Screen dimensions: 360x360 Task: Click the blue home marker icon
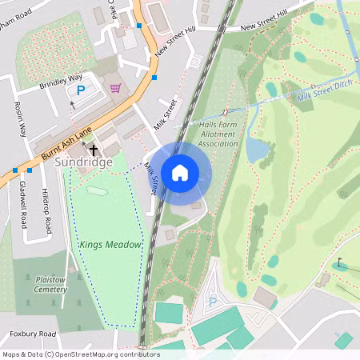point(180,172)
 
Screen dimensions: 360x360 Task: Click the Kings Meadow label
point(110,244)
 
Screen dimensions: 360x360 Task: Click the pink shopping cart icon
point(116,87)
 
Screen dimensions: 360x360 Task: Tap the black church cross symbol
point(93,150)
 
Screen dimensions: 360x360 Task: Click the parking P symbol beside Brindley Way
point(80,92)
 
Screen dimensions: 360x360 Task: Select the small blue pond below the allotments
point(257,150)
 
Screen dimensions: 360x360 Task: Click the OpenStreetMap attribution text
point(80,354)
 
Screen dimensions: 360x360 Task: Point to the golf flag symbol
point(339,262)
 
